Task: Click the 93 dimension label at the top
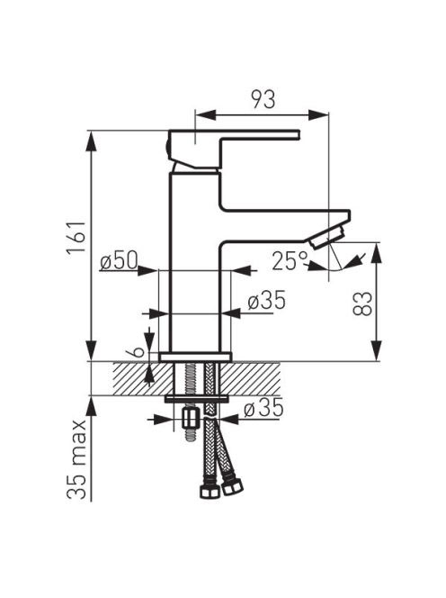tap(263, 100)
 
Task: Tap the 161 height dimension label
tap(76, 237)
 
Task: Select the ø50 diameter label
tap(119, 261)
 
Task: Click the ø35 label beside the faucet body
tap(266, 300)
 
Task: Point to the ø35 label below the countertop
tap(264, 407)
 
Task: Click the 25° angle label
tap(290, 261)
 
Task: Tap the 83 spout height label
tap(362, 304)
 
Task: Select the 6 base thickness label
tap(139, 351)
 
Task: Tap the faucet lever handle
tap(233, 149)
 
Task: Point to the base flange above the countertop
tap(195, 357)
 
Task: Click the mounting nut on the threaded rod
tap(191, 419)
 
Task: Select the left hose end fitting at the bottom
tap(210, 491)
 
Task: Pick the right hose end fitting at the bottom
tap(232, 487)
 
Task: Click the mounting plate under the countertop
tap(196, 399)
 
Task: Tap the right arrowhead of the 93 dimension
tap(318, 114)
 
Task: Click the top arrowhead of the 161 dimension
tap(91, 142)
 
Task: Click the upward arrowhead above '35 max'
tap(92, 407)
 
